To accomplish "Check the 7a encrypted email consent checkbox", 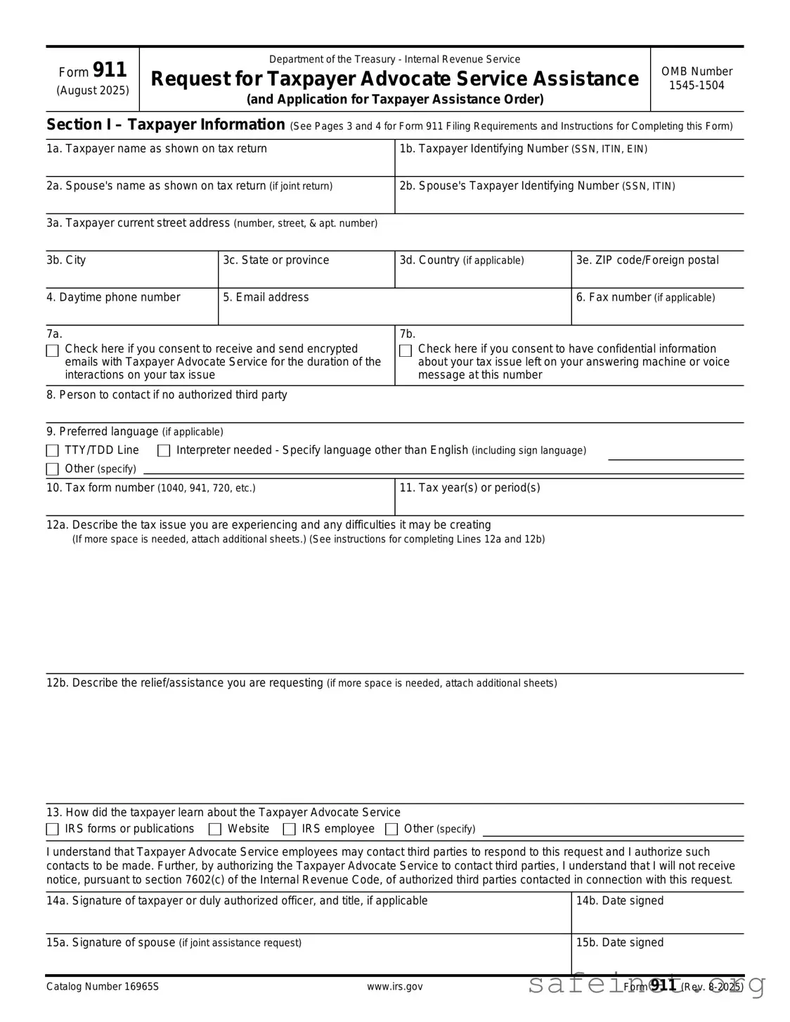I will click(x=53, y=351).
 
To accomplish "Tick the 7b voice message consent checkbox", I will click(x=406, y=351).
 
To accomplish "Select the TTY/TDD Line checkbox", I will click(x=53, y=451).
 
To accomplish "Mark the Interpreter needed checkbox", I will click(x=164, y=451).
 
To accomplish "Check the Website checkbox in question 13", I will click(x=215, y=830).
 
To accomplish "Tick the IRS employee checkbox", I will click(x=290, y=830).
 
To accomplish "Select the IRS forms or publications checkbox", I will click(x=53, y=830).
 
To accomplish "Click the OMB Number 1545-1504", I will click(x=697, y=79).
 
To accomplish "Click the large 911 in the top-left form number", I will click(x=110, y=70).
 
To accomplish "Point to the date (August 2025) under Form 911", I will click(x=93, y=91).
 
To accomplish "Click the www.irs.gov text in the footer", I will click(x=394, y=987).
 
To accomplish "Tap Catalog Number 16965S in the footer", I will click(x=103, y=987).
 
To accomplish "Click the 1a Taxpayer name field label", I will click(x=157, y=149).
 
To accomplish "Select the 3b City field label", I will click(x=66, y=261).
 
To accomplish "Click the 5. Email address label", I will click(x=266, y=298).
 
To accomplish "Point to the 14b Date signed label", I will click(x=619, y=901).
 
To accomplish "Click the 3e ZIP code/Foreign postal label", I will click(x=647, y=261).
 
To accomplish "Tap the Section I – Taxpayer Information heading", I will click(x=166, y=125).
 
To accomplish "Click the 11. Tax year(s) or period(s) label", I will click(x=470, y=488).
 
